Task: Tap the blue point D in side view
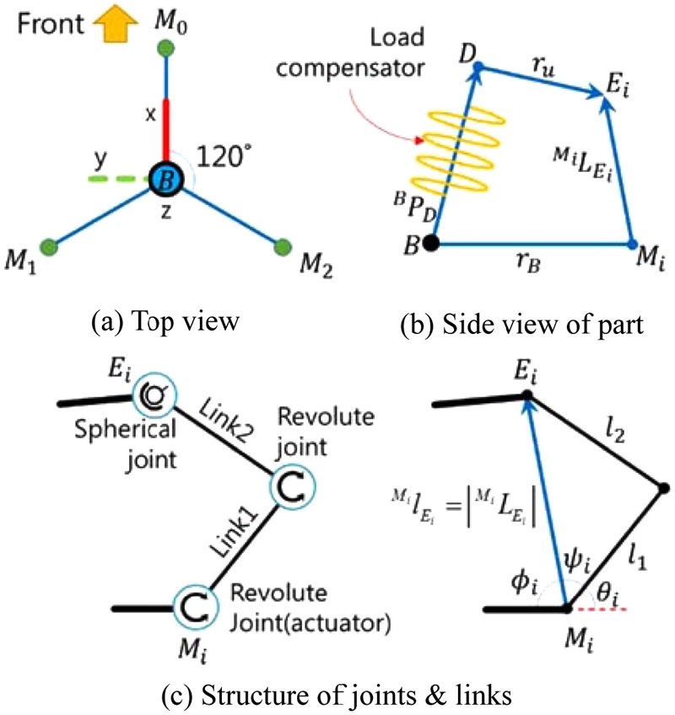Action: point(478,66)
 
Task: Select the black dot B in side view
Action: point(431,245)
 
